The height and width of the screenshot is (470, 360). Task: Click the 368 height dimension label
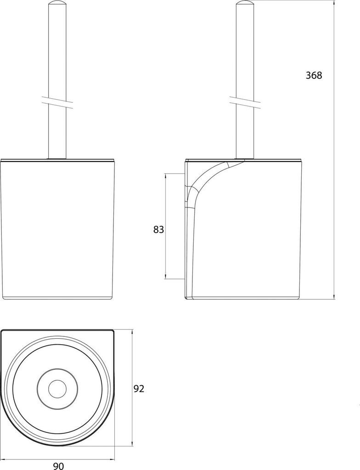pos(314,76)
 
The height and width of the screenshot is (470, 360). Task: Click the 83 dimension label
pos(158,229)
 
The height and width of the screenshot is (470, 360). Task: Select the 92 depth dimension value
pos(139,389)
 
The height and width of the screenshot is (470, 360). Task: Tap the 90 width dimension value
pos(58,466)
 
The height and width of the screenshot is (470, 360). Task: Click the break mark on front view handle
pos(57,102)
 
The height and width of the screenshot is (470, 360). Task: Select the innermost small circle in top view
pos(57,390)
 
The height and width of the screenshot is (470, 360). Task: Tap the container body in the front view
pos(57,229)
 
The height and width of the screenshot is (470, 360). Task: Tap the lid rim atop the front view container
pos(57,161)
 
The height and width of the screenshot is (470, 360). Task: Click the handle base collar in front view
pos(57,158)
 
